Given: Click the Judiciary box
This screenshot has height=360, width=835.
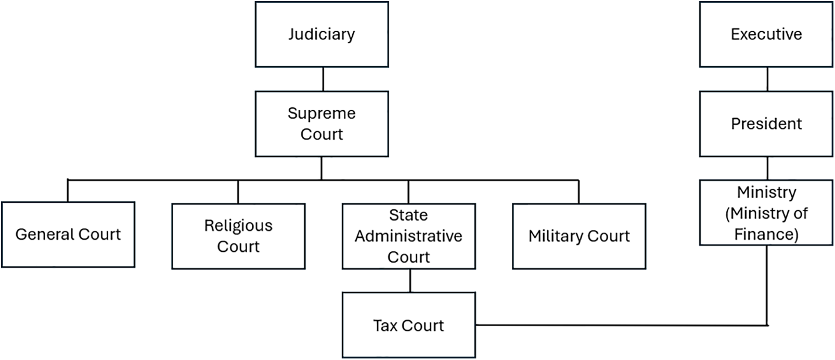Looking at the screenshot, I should click(322, 34).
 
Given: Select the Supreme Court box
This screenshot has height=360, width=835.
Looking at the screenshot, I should click(322, 124).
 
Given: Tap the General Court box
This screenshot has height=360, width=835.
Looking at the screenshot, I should click(68, 235).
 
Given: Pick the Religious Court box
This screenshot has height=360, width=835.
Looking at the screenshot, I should click(238, 236).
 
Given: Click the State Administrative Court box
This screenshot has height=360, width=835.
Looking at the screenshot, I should click(408, 236).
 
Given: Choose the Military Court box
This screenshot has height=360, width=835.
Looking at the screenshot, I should click(579, 236).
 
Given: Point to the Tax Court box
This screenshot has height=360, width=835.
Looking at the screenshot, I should click(408, 325).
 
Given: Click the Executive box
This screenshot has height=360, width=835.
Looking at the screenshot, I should click(766, 34).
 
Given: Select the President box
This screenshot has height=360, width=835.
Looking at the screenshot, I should click(766, 124).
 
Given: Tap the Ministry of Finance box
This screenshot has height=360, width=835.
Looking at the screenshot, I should click(766, 213).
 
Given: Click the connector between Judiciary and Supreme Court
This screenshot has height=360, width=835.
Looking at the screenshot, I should click(323, 79).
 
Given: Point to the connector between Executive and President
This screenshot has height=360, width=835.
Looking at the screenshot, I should click(767, 79).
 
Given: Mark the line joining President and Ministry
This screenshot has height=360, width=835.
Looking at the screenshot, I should click(767, 168).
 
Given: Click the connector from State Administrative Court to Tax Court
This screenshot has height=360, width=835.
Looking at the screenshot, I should click(410, 280).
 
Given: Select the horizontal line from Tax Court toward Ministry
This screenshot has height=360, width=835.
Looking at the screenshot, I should click(619, 326).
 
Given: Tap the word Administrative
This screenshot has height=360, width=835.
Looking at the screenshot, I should click(408, 236).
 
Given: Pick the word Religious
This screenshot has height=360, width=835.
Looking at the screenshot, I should click(238, 226).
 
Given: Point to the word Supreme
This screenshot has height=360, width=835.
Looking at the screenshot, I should click(322, 113).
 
